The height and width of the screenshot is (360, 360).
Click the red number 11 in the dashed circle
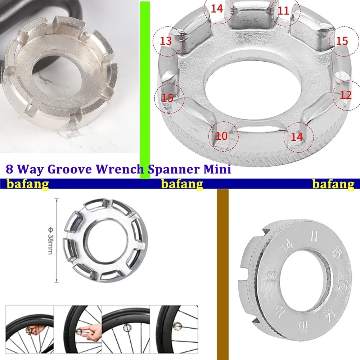(284, 11)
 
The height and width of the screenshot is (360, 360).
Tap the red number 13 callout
(166, 41)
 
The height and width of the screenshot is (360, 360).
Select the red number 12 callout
(346, 95)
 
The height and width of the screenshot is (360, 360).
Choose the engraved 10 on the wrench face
(304, 327)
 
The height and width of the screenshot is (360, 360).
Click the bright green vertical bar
(145, 90)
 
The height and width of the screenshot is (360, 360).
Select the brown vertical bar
(223, 274)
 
